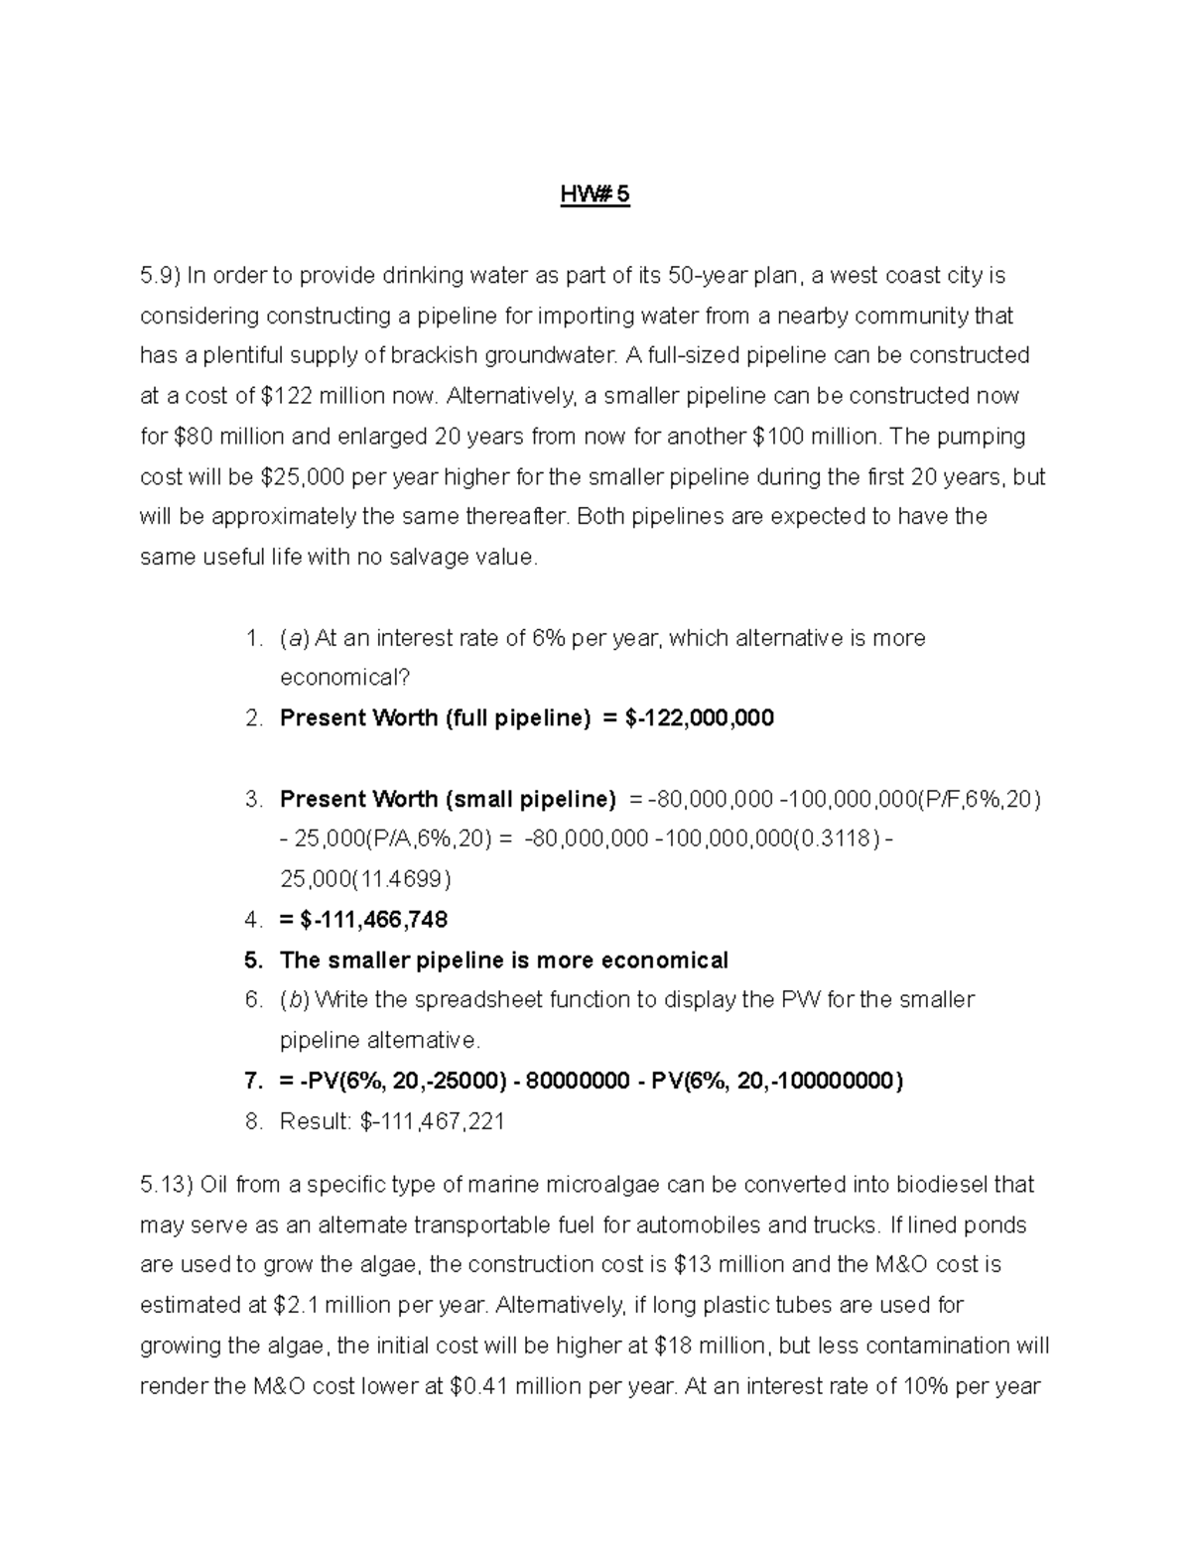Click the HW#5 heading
click(595, 195)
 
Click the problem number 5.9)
click(159, 275)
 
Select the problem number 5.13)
click(166, 1185)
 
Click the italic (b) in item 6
click(294, 1000)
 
